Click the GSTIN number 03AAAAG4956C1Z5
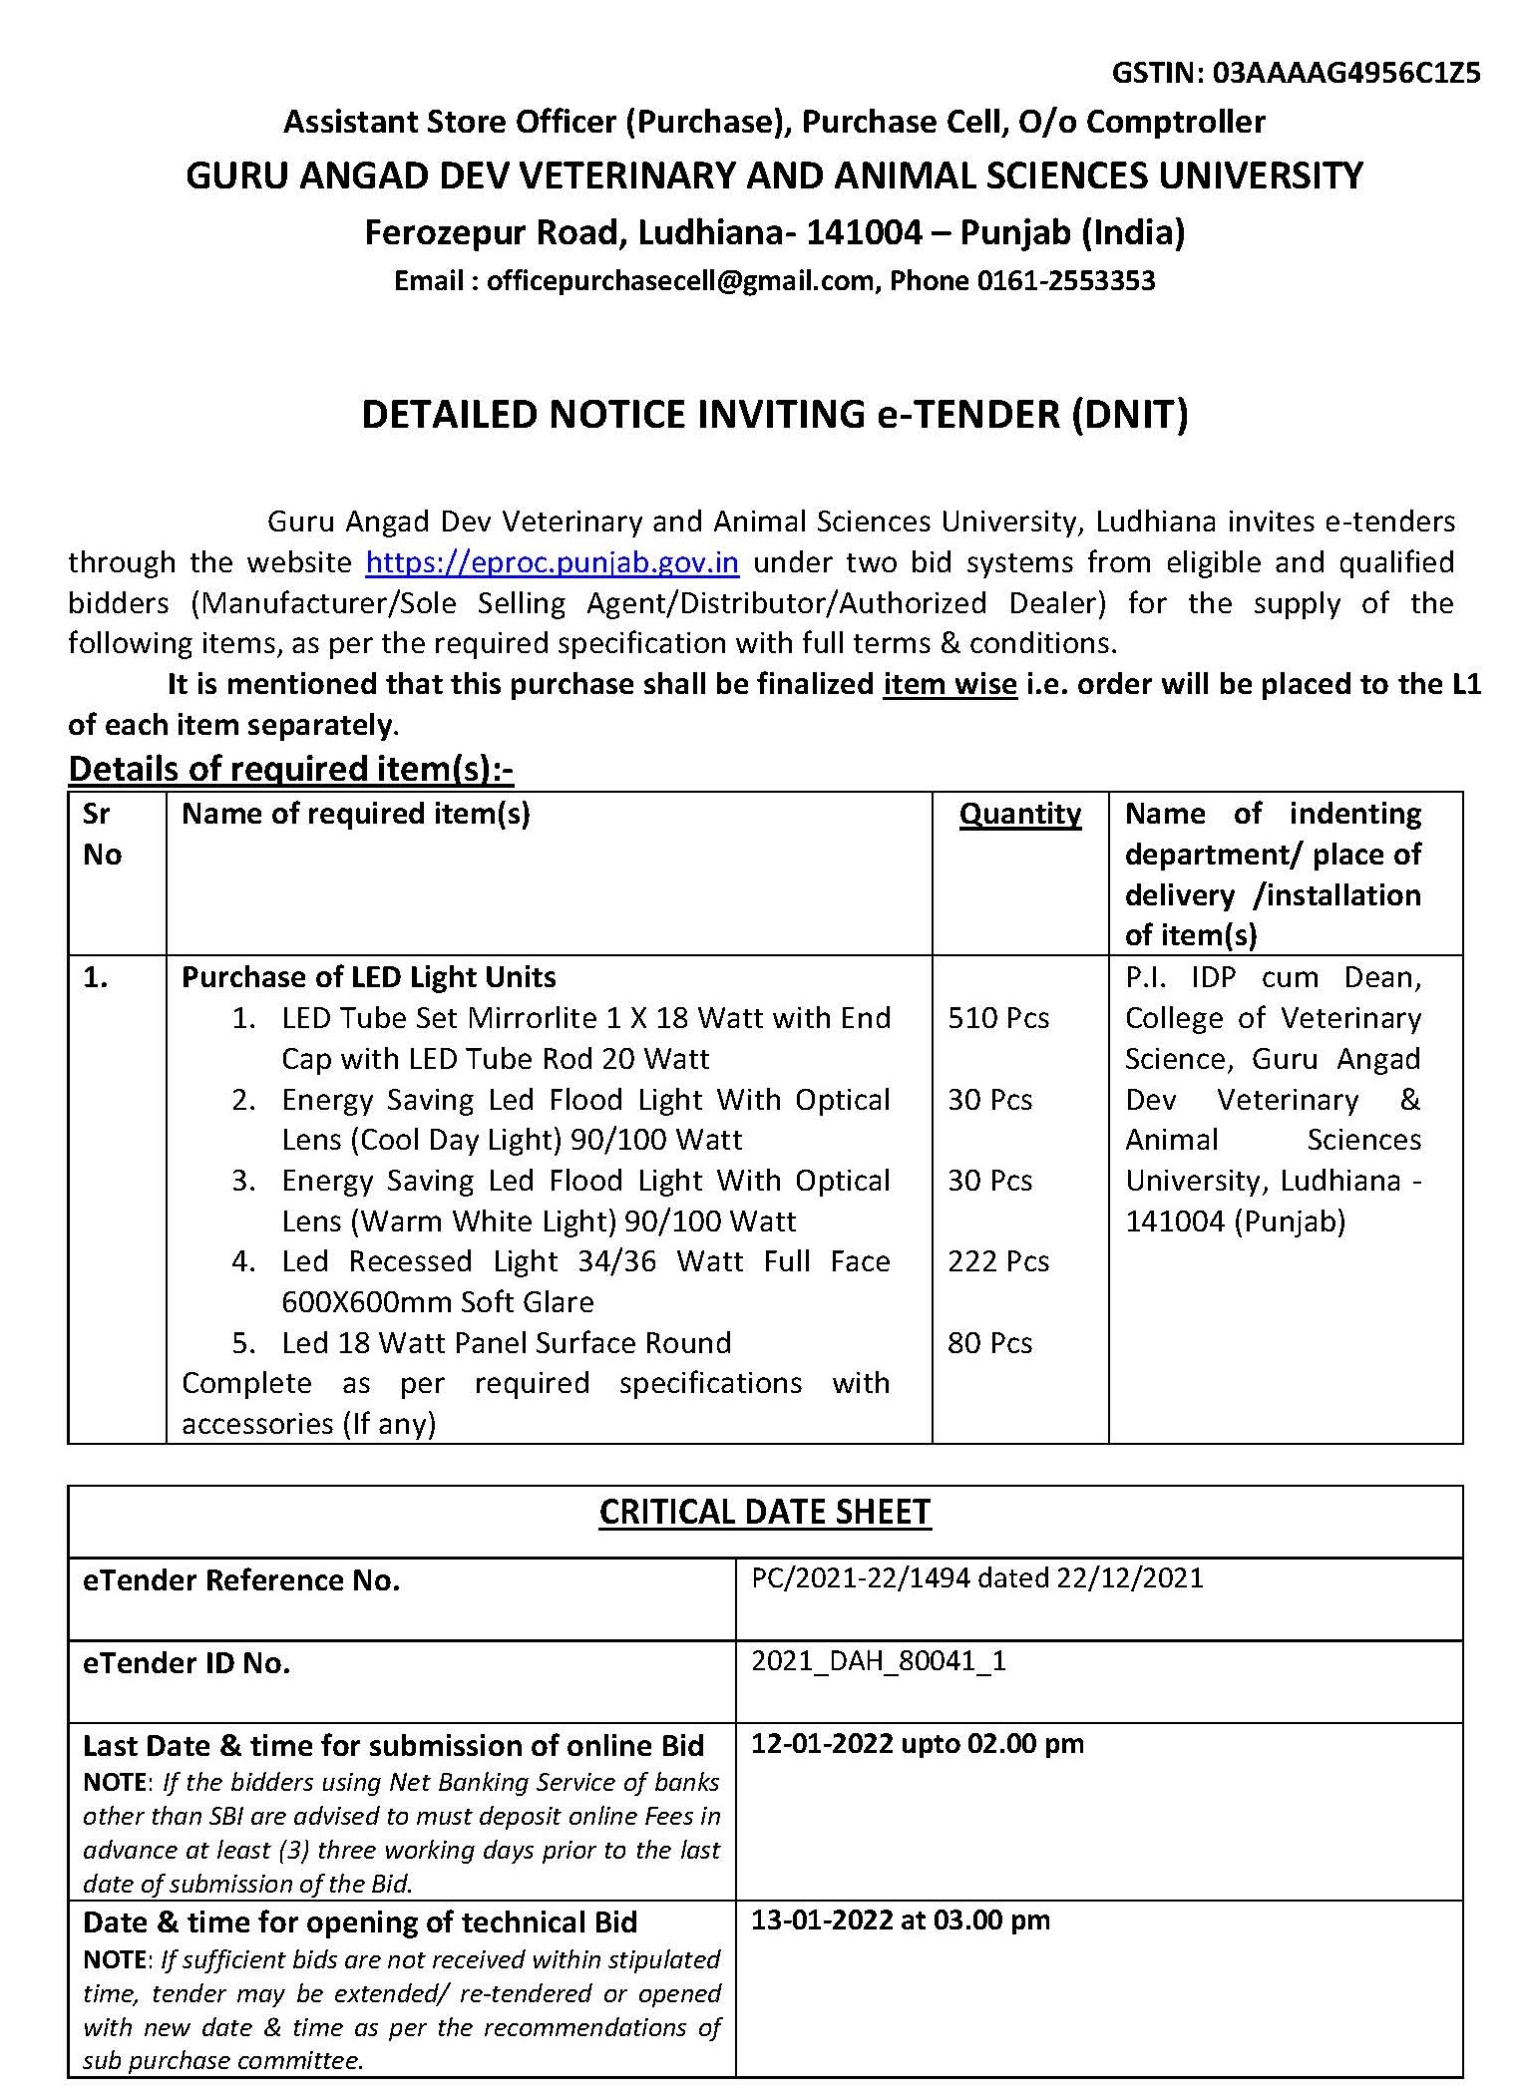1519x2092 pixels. pyautogui.click(x=1346, y=73)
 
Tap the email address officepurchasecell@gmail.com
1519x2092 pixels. pyautogui.click(x=680, y=281)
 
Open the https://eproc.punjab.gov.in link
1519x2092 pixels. pyautogui.click(x=552, y=563)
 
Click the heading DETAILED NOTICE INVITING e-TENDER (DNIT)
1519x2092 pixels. pyautogui.click(x=774, y=415)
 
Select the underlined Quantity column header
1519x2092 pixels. pyautogui.click(x=1019, y=815)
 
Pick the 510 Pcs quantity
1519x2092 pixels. pyautogui.click(x=998, y=1018)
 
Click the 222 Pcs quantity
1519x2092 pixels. pyautogui.click(x=998, y=1261)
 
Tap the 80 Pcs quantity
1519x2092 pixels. pyautogui.click(x=989, y=1343)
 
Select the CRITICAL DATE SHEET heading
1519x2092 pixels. pyautogui.click(x=764, y=1512)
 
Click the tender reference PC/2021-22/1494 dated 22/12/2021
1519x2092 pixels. pyautogui.click(x=976, y=1578)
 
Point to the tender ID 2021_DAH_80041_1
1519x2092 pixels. pyautogui.click(x=878, y=1661)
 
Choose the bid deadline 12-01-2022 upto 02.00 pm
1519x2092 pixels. pyautogui.click(x=917, y=1743)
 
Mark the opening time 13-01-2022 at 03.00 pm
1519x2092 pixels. pyautogui.click(x=900, y=1919)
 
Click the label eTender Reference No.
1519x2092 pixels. pyautogui.click(x=241, y=1580)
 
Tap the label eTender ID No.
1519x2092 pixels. pyautogui.click(x=187, y=1663)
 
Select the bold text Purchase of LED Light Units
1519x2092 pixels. pyautogui.click(x=368, y=977)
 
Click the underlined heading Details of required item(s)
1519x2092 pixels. pyautogui.click(x=290, y=769)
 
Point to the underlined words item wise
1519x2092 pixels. pyautogui.click(x=949, y=685)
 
